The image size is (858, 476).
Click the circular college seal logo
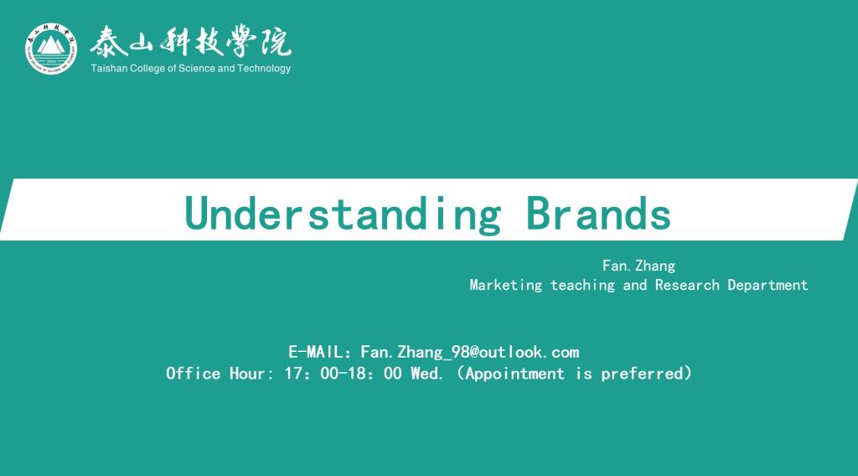click(51, 48)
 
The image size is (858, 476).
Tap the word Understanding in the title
click(343, 214)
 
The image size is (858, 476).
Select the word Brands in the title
click(598, 213)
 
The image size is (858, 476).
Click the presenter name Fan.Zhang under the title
click(638, 266)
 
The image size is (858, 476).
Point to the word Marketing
click(505, 285)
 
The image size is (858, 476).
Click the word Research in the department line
click(687, 284)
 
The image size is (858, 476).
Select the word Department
click(768, 285)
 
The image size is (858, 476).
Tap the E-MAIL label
click(316, 352)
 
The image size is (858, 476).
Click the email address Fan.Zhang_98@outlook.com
click(469, 352)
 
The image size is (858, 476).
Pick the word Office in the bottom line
click(194, 373)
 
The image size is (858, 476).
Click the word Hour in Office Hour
click(247, 373)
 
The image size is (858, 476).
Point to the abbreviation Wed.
click(426, 373)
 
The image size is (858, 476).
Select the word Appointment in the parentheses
click(515, 374)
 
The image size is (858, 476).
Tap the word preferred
click(643, 374)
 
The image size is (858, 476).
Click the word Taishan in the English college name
click(109, 69)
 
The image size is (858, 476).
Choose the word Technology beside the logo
click(264, 69)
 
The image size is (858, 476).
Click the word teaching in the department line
click(582, 285)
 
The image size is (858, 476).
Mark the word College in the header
click(147, 69)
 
